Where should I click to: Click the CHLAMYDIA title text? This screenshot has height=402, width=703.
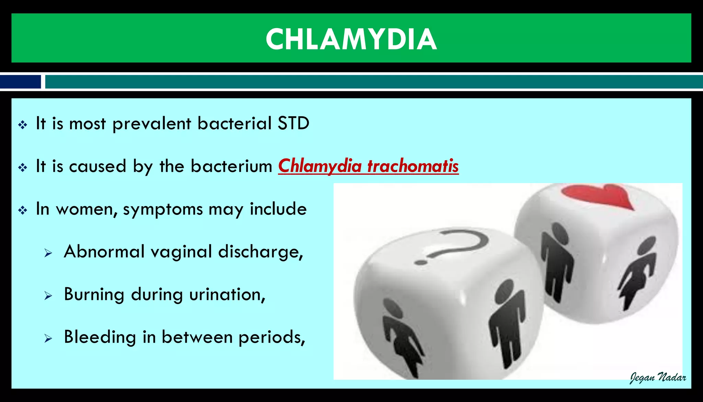[x=351, y=39]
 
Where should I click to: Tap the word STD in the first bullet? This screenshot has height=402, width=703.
[x=293, y=123]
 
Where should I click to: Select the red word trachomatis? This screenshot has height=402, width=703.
[x=413, y=166]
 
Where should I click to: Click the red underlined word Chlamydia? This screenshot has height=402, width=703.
[x=320, y=166]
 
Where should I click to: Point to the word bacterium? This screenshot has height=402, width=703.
[x=231, y=166]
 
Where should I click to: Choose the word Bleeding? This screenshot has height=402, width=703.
[x=100, y=337]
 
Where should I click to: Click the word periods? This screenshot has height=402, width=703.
[x=271, y=338]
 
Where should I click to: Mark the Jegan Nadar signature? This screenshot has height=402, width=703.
[x=657, y=378]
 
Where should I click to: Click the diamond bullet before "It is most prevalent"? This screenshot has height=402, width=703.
[x=23, y=125]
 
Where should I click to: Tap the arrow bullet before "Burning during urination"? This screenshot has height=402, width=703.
[x=48, y=295]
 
